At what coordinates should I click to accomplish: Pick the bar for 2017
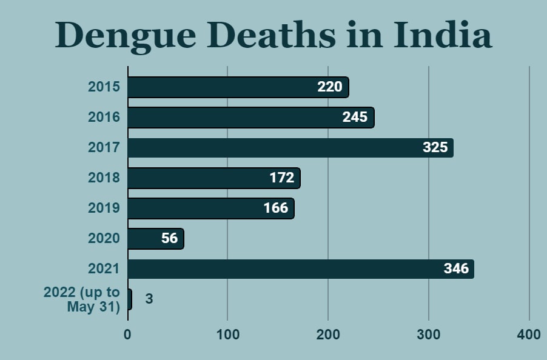click(290, 148)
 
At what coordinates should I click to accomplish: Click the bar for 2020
click(155, 239)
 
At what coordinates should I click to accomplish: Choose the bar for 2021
click(300, 269)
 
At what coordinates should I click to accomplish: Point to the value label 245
click(355, 117)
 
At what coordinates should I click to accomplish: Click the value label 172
click(282, 178)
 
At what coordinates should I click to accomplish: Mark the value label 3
click(149, 299)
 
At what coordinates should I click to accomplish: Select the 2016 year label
click(104, 118)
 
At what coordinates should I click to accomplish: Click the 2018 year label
click(104, 178)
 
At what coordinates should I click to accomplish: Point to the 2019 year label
click(104, 208)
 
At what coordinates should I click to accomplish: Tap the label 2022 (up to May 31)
click(82, 300)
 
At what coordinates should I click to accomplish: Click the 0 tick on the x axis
click(127, 335)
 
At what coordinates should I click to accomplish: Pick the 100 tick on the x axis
click(227, 335)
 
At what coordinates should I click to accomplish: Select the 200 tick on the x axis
click(328, 335)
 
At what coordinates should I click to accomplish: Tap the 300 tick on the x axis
click(429, 335)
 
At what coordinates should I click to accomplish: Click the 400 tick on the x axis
click(529, 335)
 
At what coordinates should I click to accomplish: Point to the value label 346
click(456, 268)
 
